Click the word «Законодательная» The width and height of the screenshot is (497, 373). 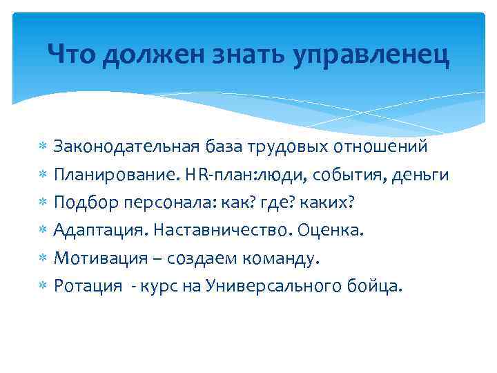126,147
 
